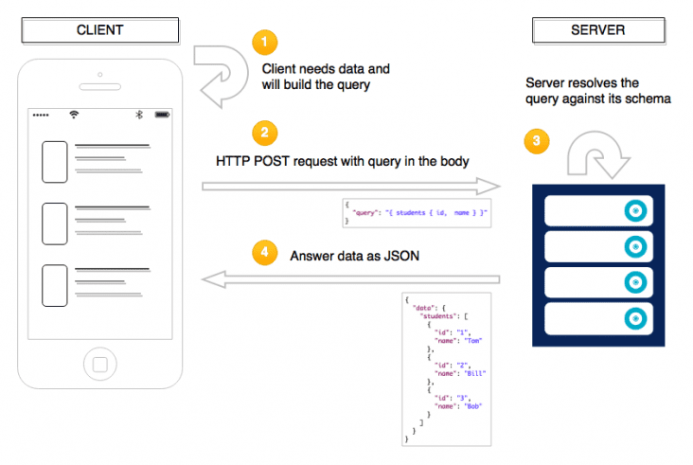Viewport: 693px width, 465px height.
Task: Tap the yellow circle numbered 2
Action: (x=266, y=132)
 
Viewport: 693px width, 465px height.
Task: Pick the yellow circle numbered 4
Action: (x=266, y=254)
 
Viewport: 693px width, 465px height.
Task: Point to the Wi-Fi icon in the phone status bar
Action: (x=74, y=115)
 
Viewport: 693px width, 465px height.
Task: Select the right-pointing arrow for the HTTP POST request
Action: (x=351, y=185)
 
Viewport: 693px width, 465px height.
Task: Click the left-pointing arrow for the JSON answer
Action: (x=351, y=278)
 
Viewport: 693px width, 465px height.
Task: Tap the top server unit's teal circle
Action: (x=635, y=210)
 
